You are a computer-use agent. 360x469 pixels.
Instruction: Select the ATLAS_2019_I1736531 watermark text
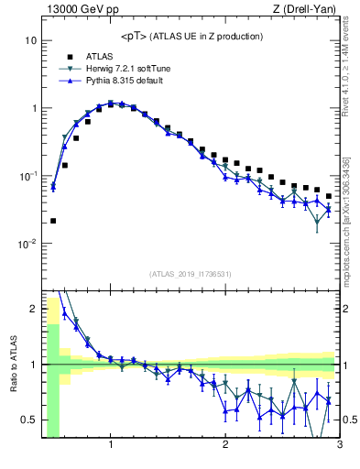191,274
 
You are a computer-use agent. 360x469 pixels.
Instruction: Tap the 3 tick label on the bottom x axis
340,447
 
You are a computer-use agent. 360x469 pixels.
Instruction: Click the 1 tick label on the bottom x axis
111,447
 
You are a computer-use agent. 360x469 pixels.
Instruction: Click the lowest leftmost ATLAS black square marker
53,221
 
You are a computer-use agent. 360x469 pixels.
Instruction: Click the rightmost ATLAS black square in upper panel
329,196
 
